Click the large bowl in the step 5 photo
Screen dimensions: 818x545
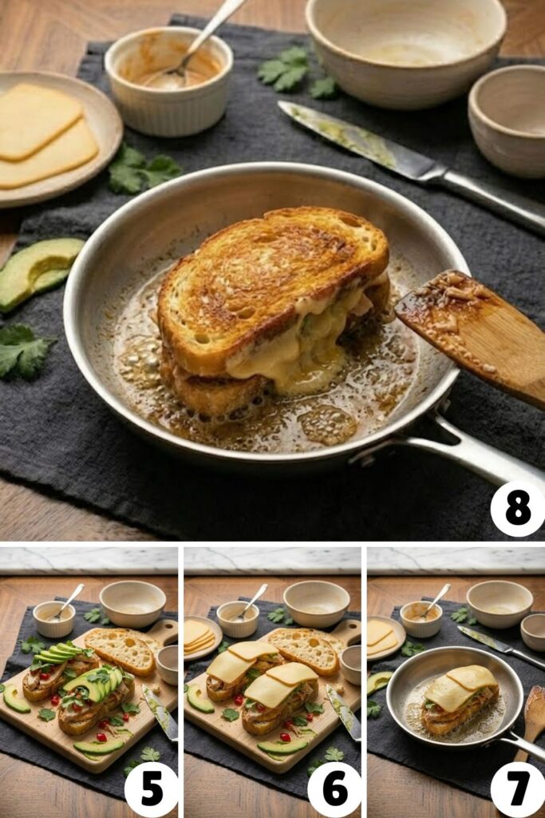[x=132, y=602]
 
